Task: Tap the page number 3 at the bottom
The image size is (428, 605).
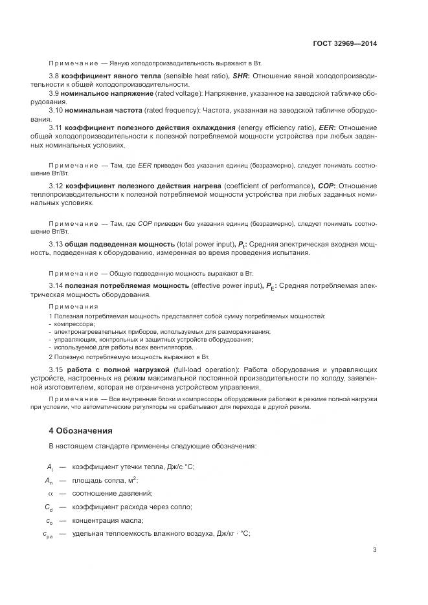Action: [374, 551]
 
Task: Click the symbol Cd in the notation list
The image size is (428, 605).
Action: [49, 507]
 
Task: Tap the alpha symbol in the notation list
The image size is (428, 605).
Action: [49, 493]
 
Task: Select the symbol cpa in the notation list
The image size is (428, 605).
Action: [49, 534]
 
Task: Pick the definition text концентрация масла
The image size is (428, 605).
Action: [107, 520]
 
